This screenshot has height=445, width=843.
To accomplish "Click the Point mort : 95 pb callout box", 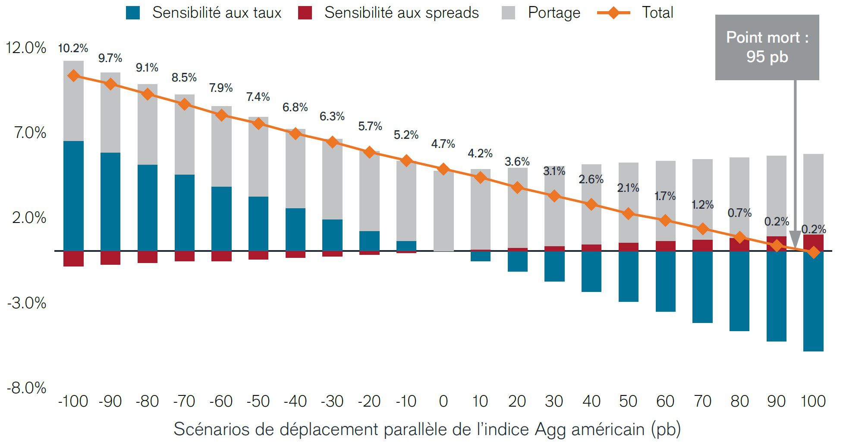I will click(x=767, y=47).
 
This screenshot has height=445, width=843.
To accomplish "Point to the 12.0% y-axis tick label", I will click(x=26, y=47).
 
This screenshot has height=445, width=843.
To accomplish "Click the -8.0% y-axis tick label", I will click(x=26, y=388).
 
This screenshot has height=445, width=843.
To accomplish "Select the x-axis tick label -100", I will click(x=73, y=401).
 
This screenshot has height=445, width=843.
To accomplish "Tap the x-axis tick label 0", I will click(x=443, y=401).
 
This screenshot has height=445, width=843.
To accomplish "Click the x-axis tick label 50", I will click(x=628, y=401).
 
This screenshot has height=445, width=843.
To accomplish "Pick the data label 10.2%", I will click(x=73, y=48).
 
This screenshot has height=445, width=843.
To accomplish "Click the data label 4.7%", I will click(x=443, y=144).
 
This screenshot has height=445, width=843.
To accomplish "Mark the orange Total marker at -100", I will click(x=74, y=76).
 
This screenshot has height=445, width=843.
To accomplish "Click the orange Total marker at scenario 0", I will click(x=443, y=169).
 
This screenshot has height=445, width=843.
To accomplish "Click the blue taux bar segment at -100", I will click(x=73, y=196).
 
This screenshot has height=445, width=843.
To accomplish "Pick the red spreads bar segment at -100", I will click(x=73, y=259).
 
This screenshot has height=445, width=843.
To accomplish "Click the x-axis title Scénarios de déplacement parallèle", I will click(x=427, y=429).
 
